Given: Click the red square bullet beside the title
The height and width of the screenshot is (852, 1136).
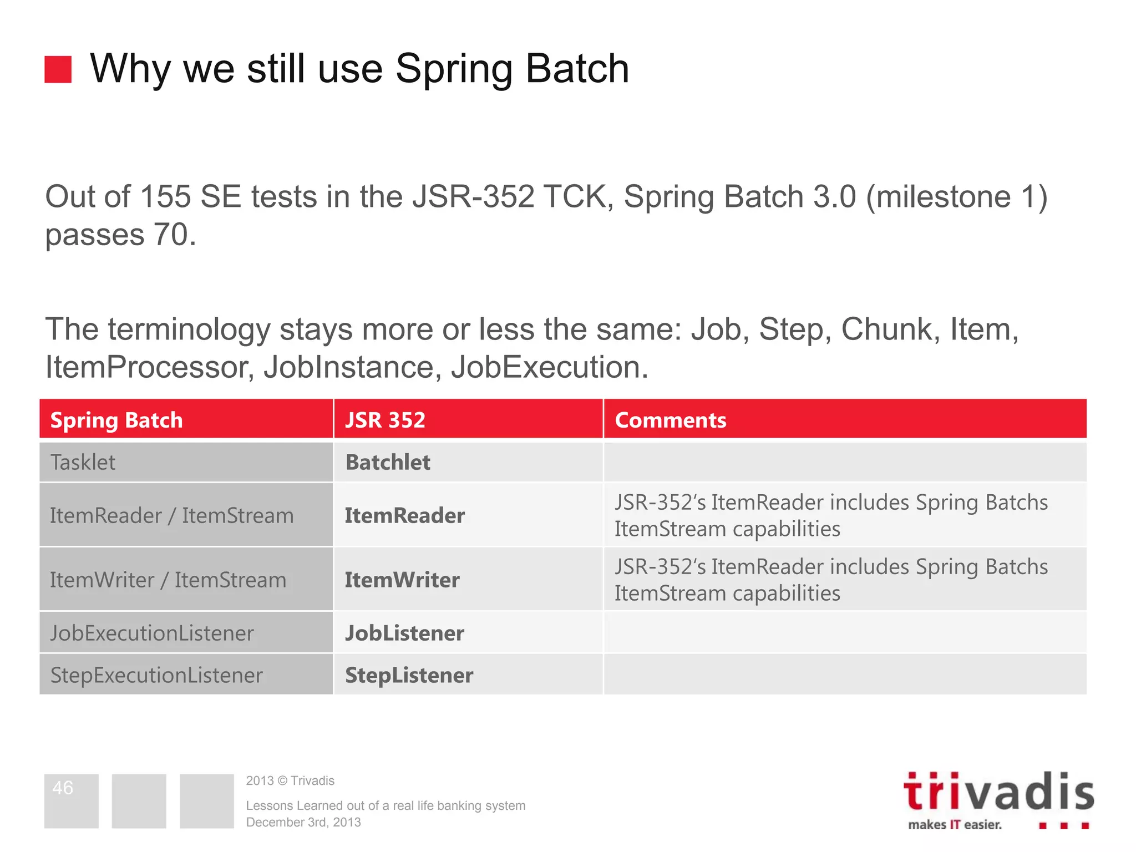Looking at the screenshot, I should click(58, 69).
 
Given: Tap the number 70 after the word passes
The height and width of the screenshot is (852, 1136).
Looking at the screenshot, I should click(171, 235).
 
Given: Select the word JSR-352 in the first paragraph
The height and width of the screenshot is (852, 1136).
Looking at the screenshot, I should click(473, 197).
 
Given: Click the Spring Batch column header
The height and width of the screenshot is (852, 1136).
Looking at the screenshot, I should click(116, 420).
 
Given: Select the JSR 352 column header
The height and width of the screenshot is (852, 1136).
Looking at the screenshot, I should click(385, 420).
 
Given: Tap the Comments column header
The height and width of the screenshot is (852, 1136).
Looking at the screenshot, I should click(670, 420).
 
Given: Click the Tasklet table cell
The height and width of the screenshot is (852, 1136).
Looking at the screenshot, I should click(83, 462).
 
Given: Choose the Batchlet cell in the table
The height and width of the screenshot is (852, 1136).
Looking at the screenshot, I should click(388, 462).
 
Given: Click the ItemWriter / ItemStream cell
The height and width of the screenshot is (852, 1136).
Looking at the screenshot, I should click(168, 580).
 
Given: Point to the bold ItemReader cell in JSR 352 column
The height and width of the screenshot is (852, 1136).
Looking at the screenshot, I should click(404, 515).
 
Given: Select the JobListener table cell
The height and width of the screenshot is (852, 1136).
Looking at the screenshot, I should click(404, 633).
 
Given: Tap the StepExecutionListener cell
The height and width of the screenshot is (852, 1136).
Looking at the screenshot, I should click(156, 675).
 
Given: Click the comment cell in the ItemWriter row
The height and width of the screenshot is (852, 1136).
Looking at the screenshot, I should click(830, 580).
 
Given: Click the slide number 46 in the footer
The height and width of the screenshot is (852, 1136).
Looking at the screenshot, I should click(63, 788).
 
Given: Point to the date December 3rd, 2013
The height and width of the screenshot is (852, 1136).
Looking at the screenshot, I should click(303, 823).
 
